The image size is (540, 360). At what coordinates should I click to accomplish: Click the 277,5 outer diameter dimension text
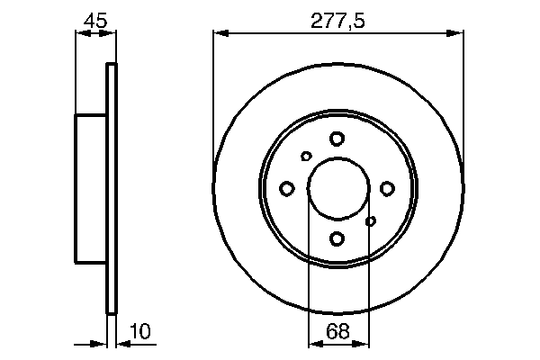tap(337, 19)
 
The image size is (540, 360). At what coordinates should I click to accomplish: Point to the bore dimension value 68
tap(337, 331)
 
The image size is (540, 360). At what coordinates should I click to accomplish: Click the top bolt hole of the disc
tap(337, 139)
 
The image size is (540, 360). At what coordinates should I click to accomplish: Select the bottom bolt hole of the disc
tap(337, 238)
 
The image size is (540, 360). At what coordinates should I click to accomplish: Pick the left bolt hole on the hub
tap(287, 188)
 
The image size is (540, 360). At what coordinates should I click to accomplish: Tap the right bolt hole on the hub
tap(388, 188)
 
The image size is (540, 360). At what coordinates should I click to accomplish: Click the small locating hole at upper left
tap(306, 157)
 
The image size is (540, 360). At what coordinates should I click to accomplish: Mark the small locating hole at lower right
tap(370, 220)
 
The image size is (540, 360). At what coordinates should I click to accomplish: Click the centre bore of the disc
tap(337, 188)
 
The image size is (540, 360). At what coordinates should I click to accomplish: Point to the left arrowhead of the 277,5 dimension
tap(220, 34)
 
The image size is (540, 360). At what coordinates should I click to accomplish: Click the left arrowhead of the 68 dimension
tap(314, 343)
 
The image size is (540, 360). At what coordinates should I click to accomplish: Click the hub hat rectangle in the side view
tap(91, 188)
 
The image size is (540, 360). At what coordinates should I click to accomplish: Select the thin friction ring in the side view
tap(112, 188)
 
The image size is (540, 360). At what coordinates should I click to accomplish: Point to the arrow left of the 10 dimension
tap(100, 343)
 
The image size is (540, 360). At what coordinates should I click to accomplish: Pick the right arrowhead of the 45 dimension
tap(111, 34)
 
